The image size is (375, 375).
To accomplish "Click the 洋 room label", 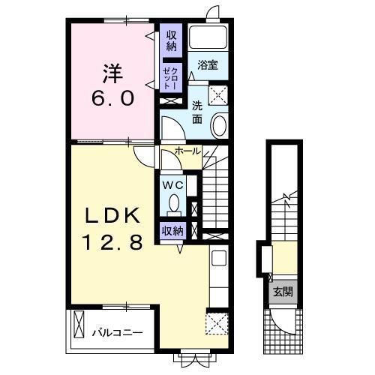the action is [112, 73].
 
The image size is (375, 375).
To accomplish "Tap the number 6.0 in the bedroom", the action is [112, 98].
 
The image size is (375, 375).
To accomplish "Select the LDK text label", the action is [112, 215].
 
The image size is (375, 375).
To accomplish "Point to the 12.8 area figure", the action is [112, 242].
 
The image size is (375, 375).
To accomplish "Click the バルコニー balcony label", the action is [118, 333].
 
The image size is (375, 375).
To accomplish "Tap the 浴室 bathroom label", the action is [208, 65].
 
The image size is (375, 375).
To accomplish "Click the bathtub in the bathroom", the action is [208, 37].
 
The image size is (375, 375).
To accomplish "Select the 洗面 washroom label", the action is [197, 113].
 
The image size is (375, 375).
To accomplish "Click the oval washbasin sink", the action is [220, 125].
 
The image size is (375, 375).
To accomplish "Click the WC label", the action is [173, 185].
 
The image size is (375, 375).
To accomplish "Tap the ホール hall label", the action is [188, 151].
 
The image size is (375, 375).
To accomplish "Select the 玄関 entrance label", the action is [283, 292].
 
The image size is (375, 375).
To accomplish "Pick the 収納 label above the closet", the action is [171, 40].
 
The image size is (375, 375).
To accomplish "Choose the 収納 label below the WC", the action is [172, 231].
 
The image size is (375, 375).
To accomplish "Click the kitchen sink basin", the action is [219, 258].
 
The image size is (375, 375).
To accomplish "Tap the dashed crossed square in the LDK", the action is [217, 323].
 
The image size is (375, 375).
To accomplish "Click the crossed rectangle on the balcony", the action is [79, 324].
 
